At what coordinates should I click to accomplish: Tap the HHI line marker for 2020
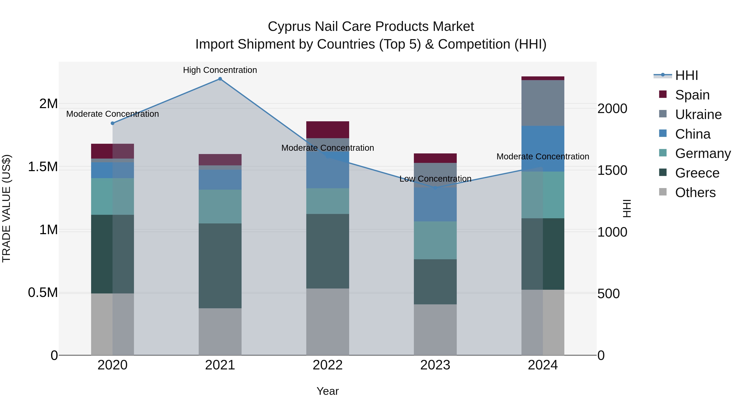[113, 123]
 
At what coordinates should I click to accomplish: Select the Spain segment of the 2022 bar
[328, 130]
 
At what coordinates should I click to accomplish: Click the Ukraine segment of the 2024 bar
[543, 103]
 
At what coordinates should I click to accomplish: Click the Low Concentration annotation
[435, 179]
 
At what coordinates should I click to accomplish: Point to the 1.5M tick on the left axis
[43, 167]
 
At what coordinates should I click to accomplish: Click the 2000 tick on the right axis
[612, 109]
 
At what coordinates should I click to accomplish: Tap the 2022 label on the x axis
[328, 365]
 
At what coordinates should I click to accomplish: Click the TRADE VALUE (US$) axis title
[6, 208]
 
